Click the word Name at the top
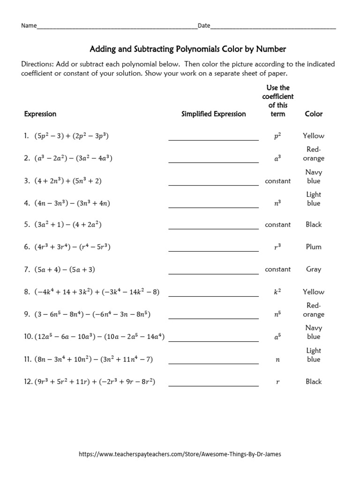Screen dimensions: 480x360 click(x=29, y=26)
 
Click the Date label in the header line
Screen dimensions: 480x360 click(x=203, y=26)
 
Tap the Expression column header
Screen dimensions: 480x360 click(x=40, y=114)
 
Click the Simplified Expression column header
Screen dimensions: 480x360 click(x=213, y=114)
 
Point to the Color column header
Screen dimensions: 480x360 click(x=314, y=114)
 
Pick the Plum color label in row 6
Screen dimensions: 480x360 click(x=314, y=247)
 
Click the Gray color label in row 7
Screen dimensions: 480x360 click(x=314, y=270)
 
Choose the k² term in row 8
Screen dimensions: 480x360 click(x=277, y=292)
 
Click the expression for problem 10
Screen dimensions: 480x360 click(x=99, y=337)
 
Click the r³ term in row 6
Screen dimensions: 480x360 click(x=277, y=247)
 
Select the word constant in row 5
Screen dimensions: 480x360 click(x=277, y=225)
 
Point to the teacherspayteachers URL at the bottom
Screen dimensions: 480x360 click(x=180, y=454)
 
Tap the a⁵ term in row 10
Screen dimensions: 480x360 click(x=277, y=337)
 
